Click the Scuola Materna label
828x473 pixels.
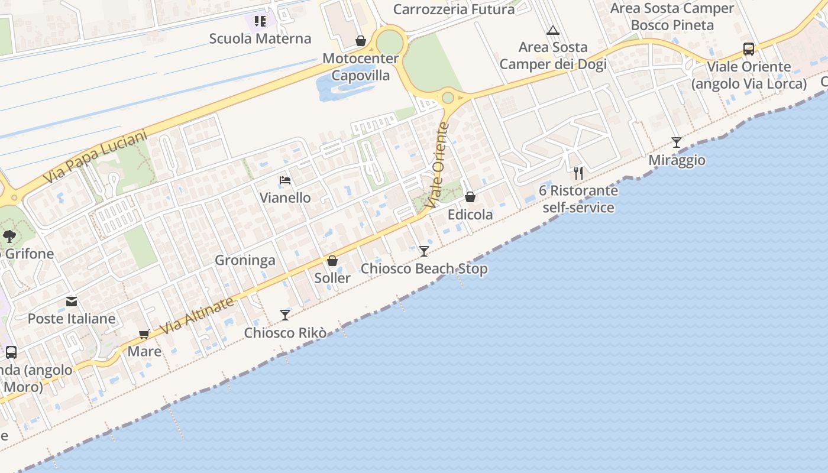pyautogui.click(x=260, y=39)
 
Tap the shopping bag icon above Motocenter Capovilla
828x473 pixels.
pyautogui.click(x=360, y=41)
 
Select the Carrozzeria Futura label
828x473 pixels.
pyautogui.click(x=454, y=9)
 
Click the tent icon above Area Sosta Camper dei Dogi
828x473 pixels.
pyautogui.click(x=553, y=30)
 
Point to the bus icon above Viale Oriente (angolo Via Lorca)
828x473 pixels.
pyautogui.click(x=749, y=49)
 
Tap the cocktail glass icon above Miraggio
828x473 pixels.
pyautogui.click(x=677, y=142)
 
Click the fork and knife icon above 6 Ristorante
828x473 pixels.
pyautogui.click(x=578, y=173)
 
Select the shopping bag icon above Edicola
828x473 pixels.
pyautogui.click(x=470, y=197)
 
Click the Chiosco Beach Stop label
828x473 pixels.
pyautogui.click(x=424, y=269)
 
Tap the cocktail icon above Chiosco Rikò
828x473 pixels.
pyautogui.click(x=285, y=315)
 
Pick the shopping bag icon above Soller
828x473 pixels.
pyautogui.click(x=332, y=261)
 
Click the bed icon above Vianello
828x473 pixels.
pyautogui.click(x=285, y=180)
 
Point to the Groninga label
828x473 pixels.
pyautogui.click(x=245, y=260)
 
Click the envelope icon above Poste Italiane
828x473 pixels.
pyautogui.click(x=72, y=302)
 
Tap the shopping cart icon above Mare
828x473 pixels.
pyautogui.click(x=144, y=335)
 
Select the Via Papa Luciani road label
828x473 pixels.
pyautogui.click(x=95, y=157)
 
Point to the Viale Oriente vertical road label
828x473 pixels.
pyautogui.click(x=438, y=165)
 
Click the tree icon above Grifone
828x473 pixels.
pyautogui.click(x=9, y=237)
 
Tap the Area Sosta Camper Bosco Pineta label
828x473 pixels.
pyautogui.click(x=672, y=17)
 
